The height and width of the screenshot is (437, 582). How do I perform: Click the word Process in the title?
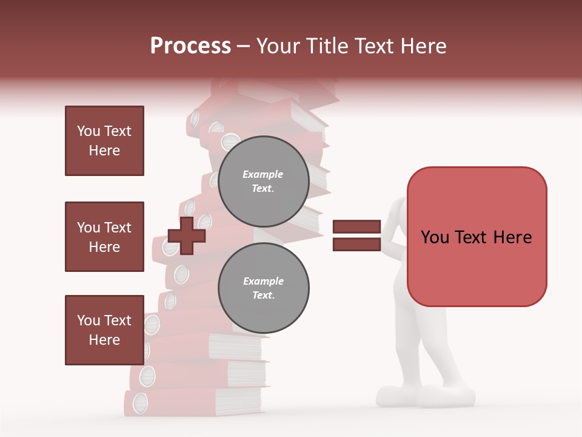(x=190, y=46)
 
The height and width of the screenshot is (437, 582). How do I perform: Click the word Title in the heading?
(x=329, y=46)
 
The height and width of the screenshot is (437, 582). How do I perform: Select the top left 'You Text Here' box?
(x=104, y=141)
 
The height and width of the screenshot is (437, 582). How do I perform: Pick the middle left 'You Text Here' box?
(x=104, y=237)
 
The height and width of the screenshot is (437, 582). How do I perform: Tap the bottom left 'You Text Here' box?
(x=104, y=330)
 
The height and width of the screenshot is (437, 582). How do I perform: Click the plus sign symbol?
(x=187, y=235)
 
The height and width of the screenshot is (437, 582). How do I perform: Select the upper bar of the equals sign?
(x=356, y=226)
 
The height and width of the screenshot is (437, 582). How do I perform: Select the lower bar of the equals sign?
(x=356, y=245)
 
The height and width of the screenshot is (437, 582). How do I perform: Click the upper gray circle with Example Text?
(x=263, y=181)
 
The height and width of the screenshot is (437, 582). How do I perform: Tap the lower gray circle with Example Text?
(x=263, y=288)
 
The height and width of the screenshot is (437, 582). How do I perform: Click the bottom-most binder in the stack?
(x=182, y=403)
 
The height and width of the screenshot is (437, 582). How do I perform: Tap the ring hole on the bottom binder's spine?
(x=140, y=402)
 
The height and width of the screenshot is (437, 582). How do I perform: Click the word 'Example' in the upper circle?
(x=263, y=174)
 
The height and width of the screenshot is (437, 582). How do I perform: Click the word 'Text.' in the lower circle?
(x=263, y=295)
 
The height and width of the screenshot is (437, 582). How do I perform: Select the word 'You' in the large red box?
(x=435, y=237)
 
